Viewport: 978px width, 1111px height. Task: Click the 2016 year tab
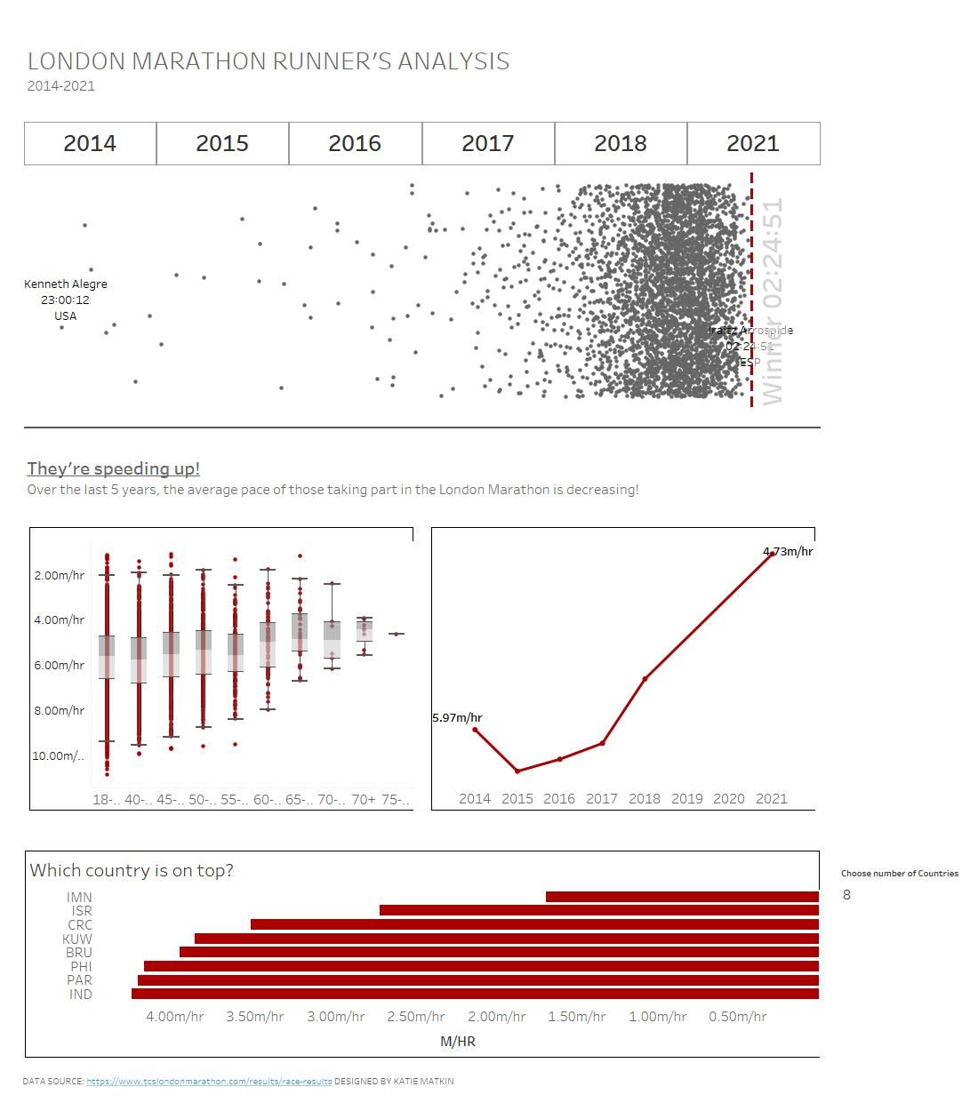[355, 143]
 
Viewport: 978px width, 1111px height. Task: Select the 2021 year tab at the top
[753, 143]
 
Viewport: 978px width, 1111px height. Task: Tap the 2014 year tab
[90, 143]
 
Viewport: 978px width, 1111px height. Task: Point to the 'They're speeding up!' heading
[113, 468]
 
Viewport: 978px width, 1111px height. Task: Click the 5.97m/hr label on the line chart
[457, 717]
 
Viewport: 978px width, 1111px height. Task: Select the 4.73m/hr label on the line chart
[788, 551]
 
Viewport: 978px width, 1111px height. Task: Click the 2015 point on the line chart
[517, 771]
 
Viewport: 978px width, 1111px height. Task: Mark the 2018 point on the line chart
[645, 679]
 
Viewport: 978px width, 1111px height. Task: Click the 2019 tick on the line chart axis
[686, 798]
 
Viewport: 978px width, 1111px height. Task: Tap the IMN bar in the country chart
[682, 897]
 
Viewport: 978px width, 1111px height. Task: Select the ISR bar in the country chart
[598, 910]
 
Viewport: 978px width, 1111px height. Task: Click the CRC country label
[80, 924]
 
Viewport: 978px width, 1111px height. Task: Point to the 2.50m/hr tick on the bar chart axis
[416, 1016]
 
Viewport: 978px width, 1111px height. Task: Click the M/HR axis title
[458, 1041]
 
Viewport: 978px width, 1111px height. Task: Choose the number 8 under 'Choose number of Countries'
[846, 894]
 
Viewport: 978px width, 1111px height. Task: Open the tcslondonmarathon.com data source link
[209, 1082]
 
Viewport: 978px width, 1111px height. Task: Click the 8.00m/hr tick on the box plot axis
[59, 710]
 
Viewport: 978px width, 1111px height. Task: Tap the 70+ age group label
[364, 799]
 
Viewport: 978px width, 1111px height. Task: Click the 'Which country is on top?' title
[132, 870]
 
